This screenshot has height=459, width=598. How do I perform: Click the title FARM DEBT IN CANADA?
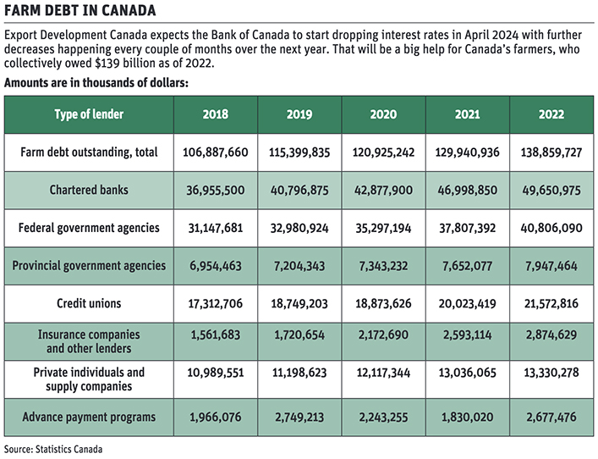(80, 10)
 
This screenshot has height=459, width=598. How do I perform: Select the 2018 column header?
(216, 114)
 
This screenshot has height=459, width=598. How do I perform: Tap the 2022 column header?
(551, 114)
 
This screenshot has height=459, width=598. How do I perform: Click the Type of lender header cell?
(89, 114)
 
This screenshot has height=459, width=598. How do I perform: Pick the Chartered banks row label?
(89, 190)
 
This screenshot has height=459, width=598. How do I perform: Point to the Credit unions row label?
(89, 303)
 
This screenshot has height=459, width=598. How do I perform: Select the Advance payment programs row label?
(89, 417)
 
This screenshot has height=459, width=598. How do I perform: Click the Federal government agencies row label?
(89, 228)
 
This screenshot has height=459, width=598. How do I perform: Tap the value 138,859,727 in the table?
(551, 152)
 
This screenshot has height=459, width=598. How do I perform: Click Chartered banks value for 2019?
(299, 191)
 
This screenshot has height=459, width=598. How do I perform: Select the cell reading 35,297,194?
(383, 228)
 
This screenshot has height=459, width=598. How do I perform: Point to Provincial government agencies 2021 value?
(467, 266)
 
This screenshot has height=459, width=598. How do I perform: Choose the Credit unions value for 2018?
(216, 303)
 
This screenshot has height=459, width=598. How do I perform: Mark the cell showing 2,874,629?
(551, 335)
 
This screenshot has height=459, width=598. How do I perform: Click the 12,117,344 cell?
(383, 373)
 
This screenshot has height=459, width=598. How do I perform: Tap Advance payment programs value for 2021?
(467, 417)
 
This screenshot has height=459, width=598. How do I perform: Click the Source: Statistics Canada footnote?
(53, 449)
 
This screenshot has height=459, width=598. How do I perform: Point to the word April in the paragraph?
(476, 36)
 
